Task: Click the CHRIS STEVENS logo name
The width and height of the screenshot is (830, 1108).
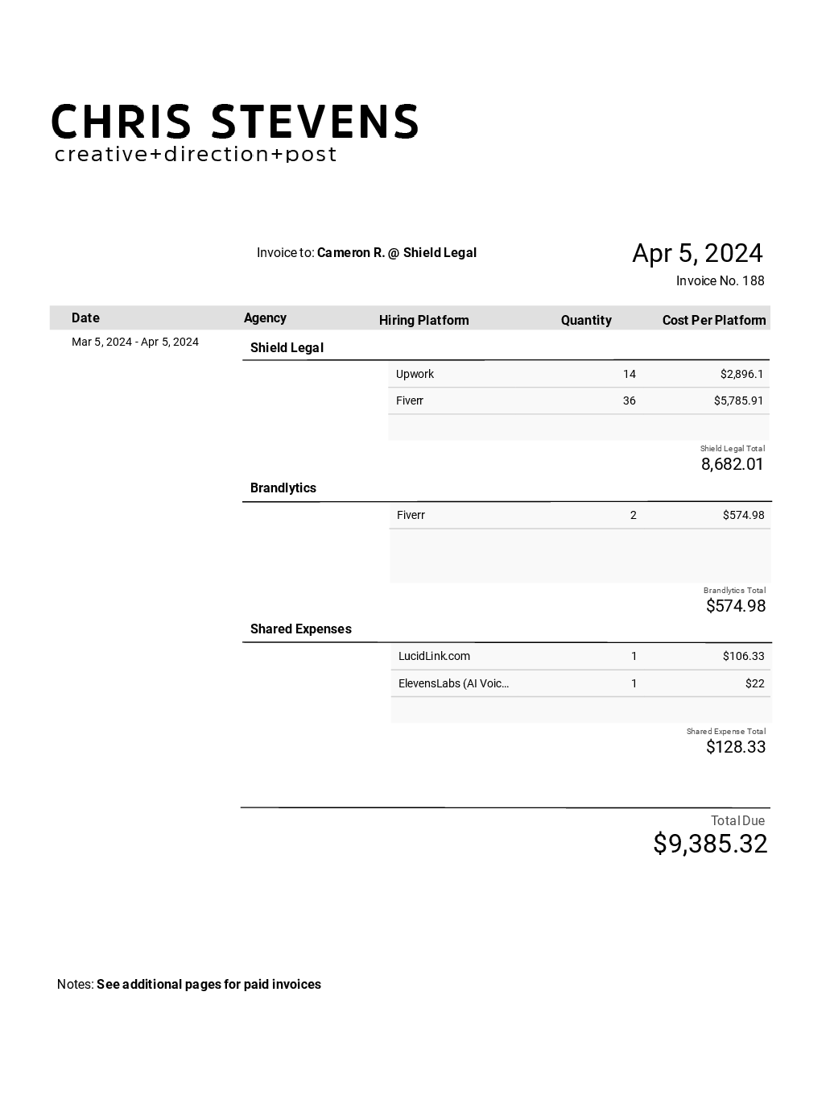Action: click(x=234, y=122)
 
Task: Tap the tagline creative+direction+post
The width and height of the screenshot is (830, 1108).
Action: click(x=196, y=154)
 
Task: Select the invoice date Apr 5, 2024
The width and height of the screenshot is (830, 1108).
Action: click(x=697, y=253)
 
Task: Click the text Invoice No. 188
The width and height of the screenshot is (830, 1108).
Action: click(x=720, y=280)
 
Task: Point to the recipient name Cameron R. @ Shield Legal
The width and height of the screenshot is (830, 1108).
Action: click(x=396, y=252)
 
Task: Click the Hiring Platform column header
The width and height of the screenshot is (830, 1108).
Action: click(x=423, y=320)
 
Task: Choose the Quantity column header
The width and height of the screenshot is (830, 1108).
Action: click(x=586, y=320)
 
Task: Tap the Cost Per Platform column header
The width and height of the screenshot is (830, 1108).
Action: click(x=714, y=320)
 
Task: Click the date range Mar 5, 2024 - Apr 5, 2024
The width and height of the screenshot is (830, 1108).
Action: click(x=135, y=342)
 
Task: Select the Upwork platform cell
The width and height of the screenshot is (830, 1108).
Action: click(x=415, y=374)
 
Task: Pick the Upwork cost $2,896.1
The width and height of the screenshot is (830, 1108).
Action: click(x=741, y=374)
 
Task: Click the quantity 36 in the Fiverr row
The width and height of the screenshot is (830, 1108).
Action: click(x=629, y=400)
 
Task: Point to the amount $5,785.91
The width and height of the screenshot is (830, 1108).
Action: click(x=738, y=400)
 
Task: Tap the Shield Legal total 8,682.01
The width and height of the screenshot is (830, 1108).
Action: click(x=732, y=464)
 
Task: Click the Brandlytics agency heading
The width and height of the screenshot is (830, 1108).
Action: click(x=283, y=488)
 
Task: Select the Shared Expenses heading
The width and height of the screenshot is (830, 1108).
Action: click(x=300, y=629)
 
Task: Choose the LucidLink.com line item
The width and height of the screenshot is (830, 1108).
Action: click(x=434, y=656)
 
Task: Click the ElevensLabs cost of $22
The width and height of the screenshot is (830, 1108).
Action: click(x=754, y=683)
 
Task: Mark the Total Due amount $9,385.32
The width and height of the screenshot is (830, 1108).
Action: click(x=710, y=844)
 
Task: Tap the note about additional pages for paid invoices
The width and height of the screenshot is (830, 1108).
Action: click(x=209, y=984)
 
